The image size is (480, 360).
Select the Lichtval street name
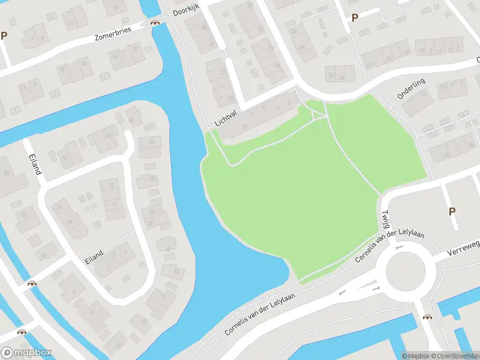[226, 119]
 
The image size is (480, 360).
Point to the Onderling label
[411, 88]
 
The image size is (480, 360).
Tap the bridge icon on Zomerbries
[155, 23]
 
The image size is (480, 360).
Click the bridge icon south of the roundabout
[427, 316]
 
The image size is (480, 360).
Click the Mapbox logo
[26, 353]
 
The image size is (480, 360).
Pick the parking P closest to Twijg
[452, 211]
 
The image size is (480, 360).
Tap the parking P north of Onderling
[355, 17]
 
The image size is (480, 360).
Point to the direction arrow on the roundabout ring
[399, 247]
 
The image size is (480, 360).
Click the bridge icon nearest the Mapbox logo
[22, 331]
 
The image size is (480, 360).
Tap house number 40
[64, 157]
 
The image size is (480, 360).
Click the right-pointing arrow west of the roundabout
[376, 289]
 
